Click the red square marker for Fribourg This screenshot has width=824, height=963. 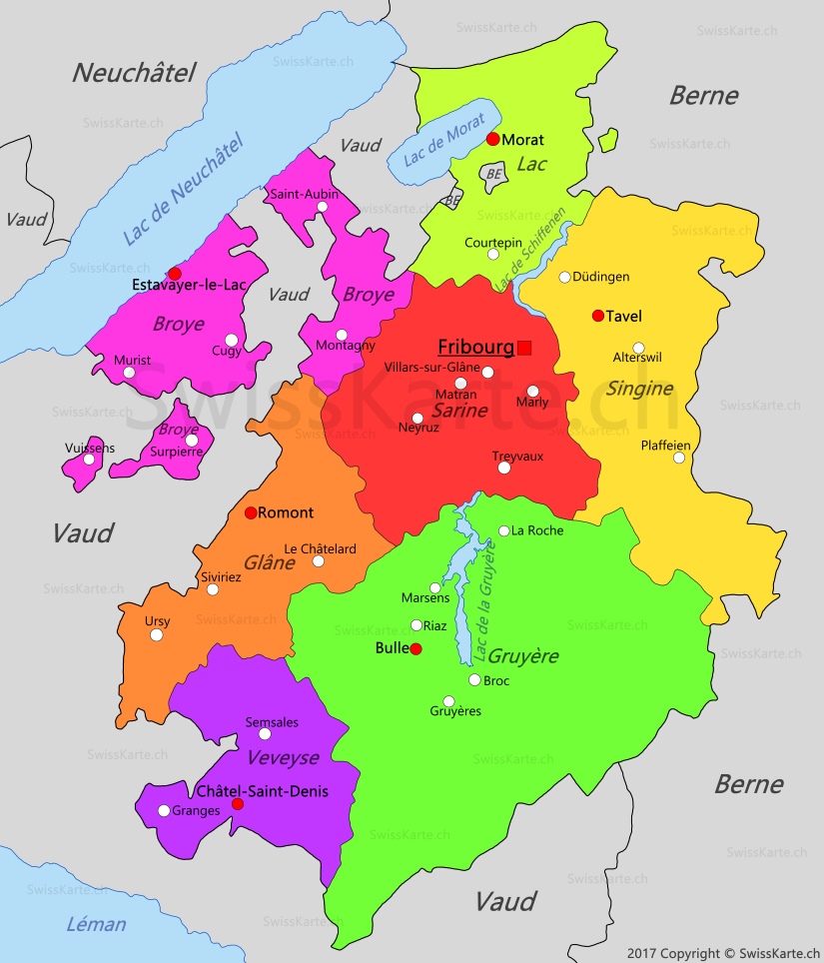(x=524, y=348)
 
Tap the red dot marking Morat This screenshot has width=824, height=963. (x=492, y=139)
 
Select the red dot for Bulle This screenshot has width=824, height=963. (x=416, y=649)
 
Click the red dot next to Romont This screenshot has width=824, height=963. (x=251, y=512)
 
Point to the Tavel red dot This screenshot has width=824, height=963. (x=598, y=316)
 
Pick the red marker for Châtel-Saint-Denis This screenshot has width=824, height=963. (x=238, y=804)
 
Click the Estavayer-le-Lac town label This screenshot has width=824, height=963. (x=189, y=286)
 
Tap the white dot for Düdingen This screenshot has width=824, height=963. (x=564, y=277)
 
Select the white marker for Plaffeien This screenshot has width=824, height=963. (x=679, y=458)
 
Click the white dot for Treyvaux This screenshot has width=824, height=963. (x=504, y=468)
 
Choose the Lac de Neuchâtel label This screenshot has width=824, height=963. (x=184, y=190)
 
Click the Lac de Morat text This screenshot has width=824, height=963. (x=444, y=142)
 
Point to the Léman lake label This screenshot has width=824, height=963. (x=96, y=924)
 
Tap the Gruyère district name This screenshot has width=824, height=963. (x=522, y=656)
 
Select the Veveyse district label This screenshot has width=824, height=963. (x=283, y=757)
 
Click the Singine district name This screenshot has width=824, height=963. (x=639, y=388)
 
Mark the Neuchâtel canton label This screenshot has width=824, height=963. (x=134, y=72)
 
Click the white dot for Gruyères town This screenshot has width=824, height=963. (x=448, y=701)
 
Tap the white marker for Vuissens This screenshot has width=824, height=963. (x=89, y=460)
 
